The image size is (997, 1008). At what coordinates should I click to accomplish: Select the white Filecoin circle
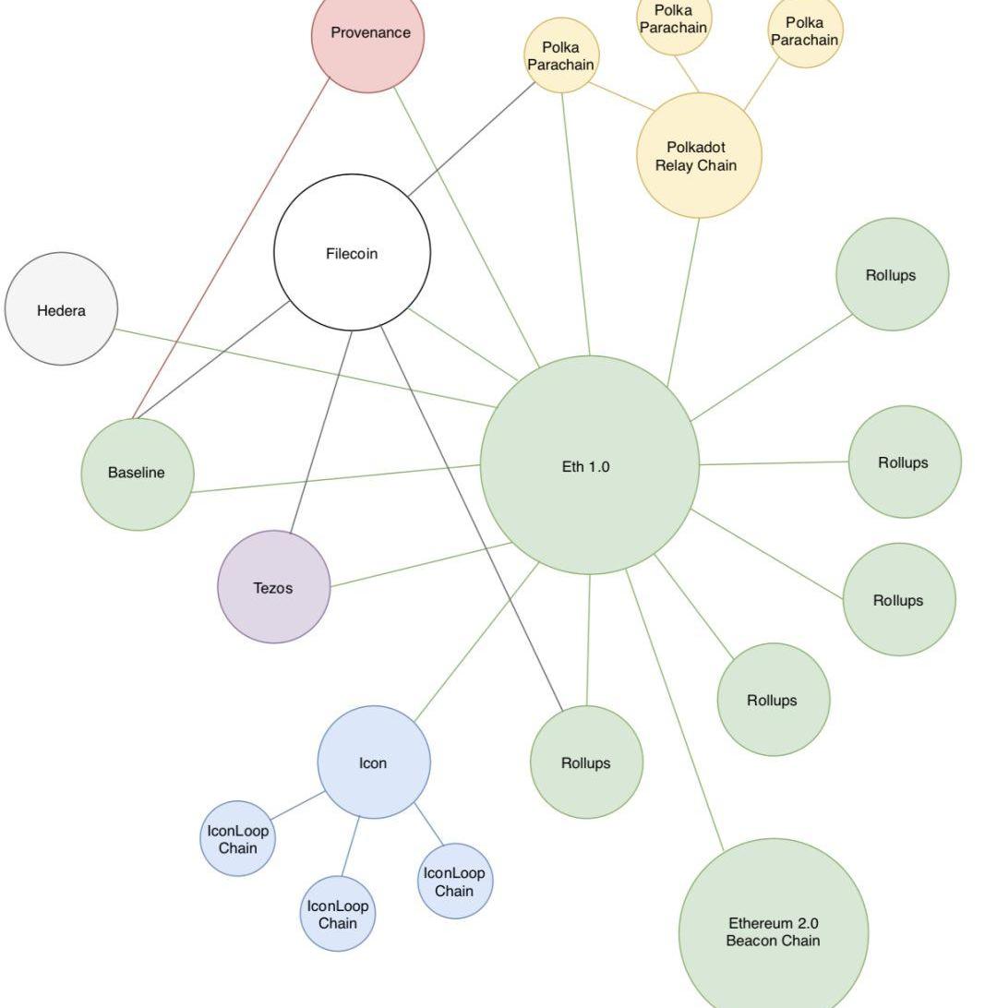[352, 253]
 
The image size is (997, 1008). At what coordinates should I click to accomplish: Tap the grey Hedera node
[61, 309]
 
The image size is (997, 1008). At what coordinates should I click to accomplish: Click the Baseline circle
[137, 474]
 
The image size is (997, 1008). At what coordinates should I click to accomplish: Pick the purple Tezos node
[273, 587]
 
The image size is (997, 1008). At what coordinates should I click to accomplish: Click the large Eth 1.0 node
[588, 465]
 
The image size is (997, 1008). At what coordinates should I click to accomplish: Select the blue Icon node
[373, 762]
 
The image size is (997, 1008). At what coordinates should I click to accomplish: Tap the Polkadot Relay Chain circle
[698, 156]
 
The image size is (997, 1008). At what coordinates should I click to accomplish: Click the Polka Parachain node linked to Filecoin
[560, 55]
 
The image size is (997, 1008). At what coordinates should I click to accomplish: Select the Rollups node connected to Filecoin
[586, 762]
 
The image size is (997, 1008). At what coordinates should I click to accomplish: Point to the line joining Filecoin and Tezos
[322, 429]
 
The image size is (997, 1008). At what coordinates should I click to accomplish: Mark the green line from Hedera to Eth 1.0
[305, 367]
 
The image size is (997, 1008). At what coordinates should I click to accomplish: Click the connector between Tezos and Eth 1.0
[420, 565]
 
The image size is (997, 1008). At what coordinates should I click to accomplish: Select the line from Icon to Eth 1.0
[476, 642]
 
